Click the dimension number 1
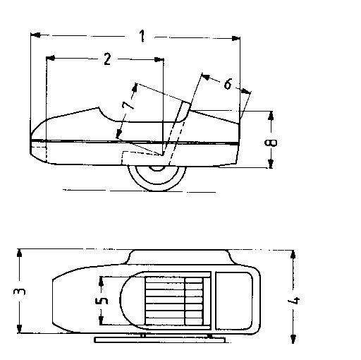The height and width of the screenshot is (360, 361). coord(142,36)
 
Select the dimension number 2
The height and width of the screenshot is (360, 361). coord(107,59)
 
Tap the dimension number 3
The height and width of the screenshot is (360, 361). coord(20,292)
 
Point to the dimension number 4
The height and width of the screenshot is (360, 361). coord(294,301)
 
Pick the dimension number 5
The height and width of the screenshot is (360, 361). coord(102,301)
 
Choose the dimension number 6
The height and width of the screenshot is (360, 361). coord(228,84)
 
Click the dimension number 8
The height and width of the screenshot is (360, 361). coord(271,143)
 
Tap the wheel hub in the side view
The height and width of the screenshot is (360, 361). coord(157,168)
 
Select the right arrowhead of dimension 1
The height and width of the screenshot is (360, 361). coord(235,38)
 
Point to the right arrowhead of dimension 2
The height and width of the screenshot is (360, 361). coord(159,59)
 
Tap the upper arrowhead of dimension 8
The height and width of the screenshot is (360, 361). coord(271,116)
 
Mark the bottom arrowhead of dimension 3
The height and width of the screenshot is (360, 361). coord(20,328)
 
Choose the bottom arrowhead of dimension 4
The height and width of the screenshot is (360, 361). coord(293,339)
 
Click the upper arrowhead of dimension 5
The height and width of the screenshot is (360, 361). coord(102,282)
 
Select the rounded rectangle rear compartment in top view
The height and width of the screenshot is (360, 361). coord(233,301)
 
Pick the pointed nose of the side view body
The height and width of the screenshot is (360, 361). coord(31,140)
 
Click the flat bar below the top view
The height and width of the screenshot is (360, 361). coord(160,340)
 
